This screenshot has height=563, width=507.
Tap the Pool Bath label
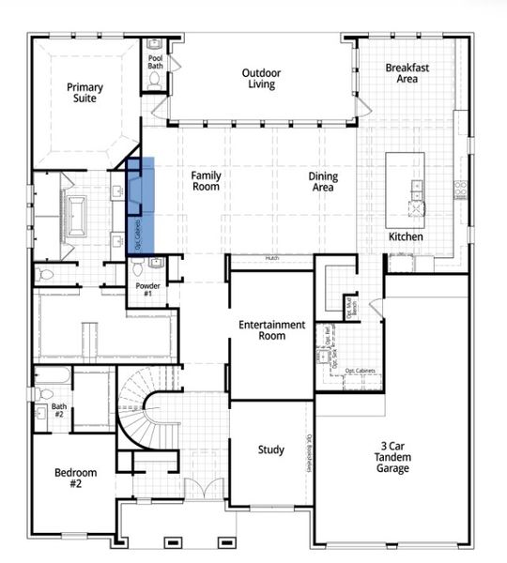point(156,62)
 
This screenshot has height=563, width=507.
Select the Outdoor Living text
point(258,79)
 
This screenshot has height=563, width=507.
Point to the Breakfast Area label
point(407,73)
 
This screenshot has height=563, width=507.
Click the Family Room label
point(206,181)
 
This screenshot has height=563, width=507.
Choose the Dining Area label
point(323,182)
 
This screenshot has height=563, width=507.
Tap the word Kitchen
point(406,237)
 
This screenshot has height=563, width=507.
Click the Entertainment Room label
point(271,330)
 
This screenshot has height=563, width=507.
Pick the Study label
point(271,450)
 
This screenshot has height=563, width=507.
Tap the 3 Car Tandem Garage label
point(392,456)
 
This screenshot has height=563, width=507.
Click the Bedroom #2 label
point(69,478)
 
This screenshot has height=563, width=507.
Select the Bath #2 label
point(58,410)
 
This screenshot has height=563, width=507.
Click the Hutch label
point(271,258)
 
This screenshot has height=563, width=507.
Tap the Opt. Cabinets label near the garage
point(360,372)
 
